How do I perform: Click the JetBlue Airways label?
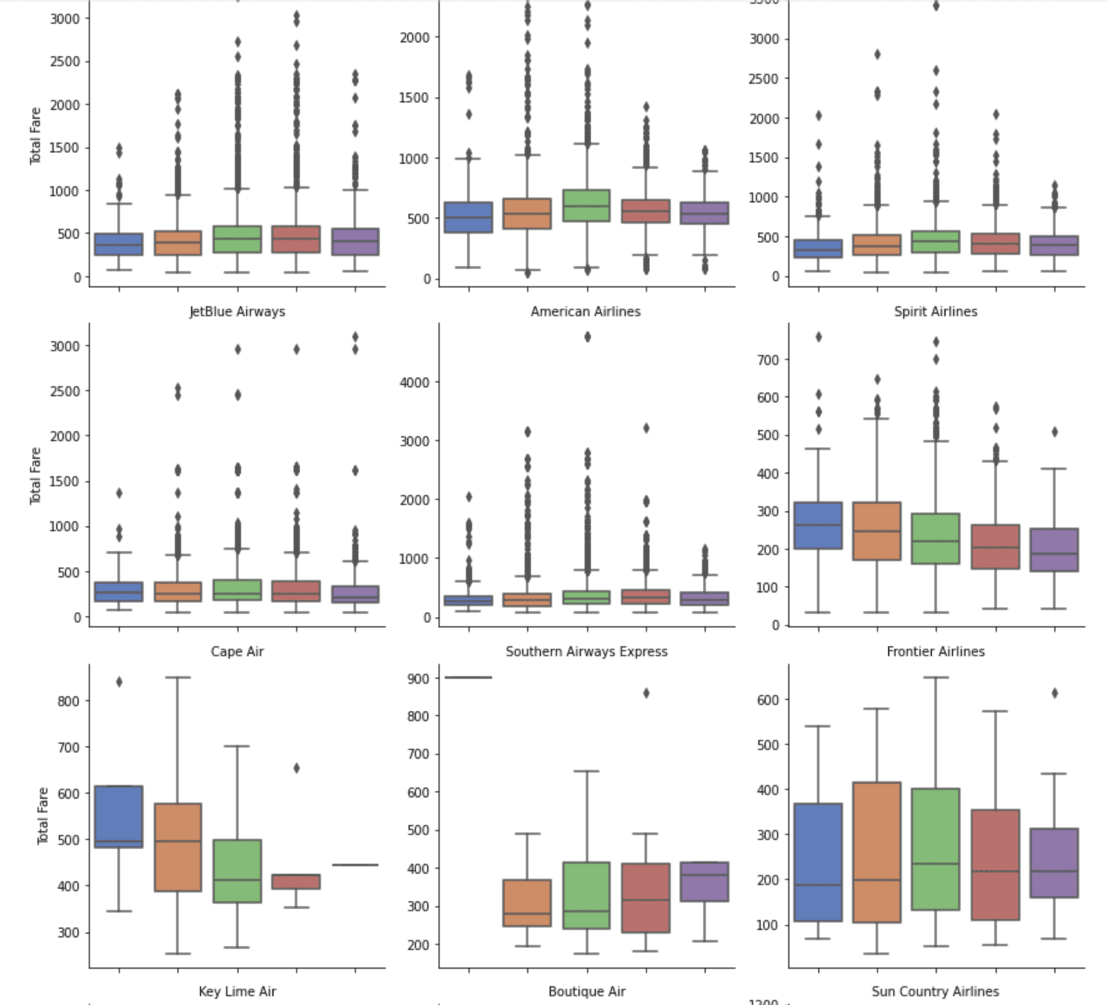(237, 311)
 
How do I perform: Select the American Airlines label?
(585, 311)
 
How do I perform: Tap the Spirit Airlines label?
(935, 311)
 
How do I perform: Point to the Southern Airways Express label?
(586, 651)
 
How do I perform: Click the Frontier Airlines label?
(935, 651)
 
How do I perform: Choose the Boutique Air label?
(586, 991)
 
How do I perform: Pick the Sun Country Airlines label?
(935, 991)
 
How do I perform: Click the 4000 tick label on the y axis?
(415, 382)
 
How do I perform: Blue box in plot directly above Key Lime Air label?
(119, 816)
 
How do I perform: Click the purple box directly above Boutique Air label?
(705, 881)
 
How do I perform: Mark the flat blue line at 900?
(468, 677)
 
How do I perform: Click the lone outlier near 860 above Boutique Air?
(646, 693)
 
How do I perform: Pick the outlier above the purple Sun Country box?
(1055, 693)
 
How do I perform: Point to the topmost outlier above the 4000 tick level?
(587, 337)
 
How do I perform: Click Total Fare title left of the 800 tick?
(42, 816)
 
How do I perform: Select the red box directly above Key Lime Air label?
(296, 881)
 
